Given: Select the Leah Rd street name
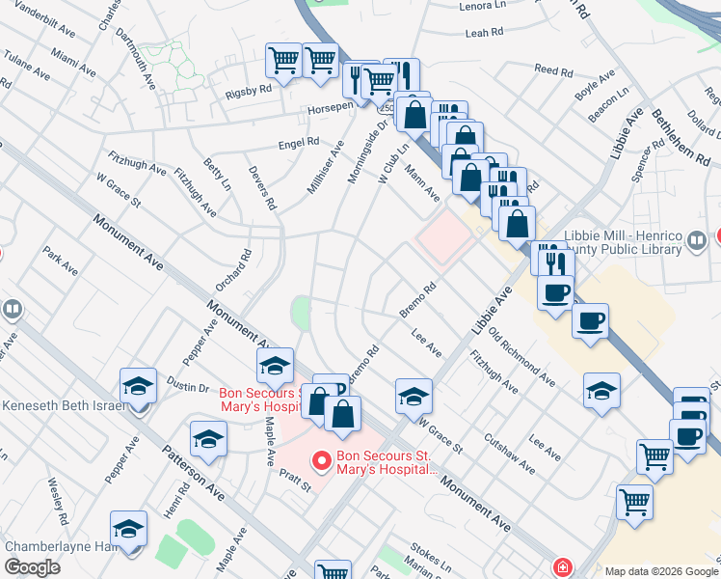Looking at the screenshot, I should click(485, 32).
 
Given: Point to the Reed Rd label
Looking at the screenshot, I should click(553, 70).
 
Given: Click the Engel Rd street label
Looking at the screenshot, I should click(298, 143).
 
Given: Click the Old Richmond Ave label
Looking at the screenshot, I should click(521, 355).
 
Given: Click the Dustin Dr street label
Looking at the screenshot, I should click(189, 387).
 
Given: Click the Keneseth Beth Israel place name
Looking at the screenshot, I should click(65, 405).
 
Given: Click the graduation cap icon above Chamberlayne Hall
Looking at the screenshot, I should click(128, 529).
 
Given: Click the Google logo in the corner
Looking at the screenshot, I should click(32, 567).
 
